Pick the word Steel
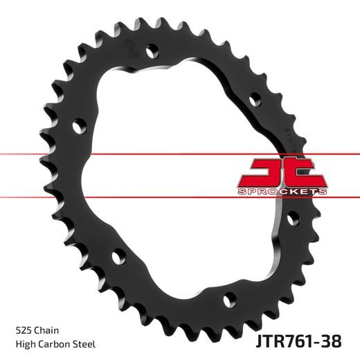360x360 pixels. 84,344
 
